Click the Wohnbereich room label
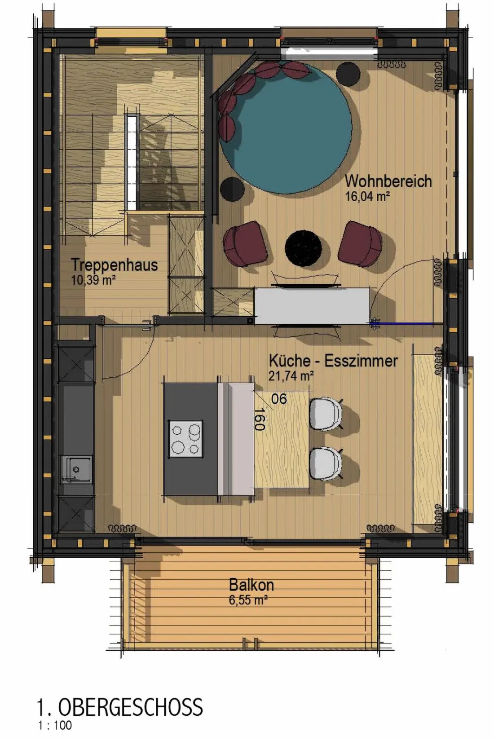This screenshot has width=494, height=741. tap(388, 181)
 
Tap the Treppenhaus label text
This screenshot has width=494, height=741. tap(115, 265)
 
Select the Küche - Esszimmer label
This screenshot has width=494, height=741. tap(333, 361)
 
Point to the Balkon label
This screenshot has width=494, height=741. tap(251, 585)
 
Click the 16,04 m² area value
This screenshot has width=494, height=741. tap(367, 197)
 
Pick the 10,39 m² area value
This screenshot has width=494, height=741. tap(93, 280)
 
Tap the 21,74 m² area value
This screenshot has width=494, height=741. tap(291, 376)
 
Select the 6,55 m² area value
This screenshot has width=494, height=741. tap(248, 600)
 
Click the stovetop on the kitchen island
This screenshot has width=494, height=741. tap(185, 439)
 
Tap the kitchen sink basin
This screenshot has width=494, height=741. tap(76, 469)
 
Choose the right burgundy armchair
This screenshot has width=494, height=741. tap(360, 243)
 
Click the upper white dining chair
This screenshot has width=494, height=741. tap(326, 414)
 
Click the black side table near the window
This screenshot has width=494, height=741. tap(348, 74)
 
